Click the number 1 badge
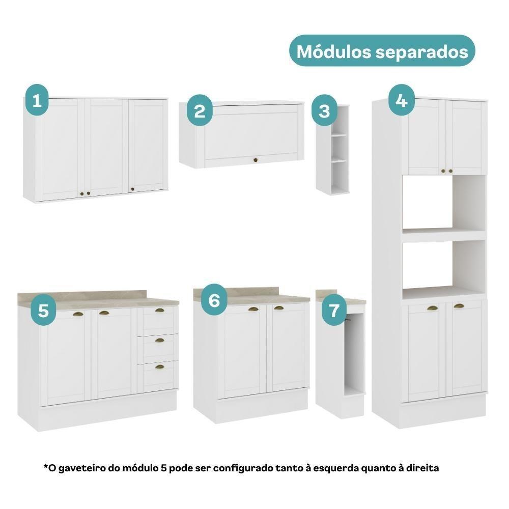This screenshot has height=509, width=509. [37, 101]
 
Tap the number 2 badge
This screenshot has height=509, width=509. [200, 111]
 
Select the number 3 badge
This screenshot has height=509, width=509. [324, 111]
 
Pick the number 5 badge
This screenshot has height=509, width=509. [44, 310]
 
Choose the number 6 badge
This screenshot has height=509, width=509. [214, 301]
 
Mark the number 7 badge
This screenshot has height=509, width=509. [334, 310]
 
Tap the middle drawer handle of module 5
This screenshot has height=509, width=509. [160, 340]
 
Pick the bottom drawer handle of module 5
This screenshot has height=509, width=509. [160, 366]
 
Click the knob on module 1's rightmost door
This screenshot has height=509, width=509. [133, 189]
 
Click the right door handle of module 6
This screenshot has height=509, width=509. [278, 308]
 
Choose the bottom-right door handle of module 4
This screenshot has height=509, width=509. [459, 306]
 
